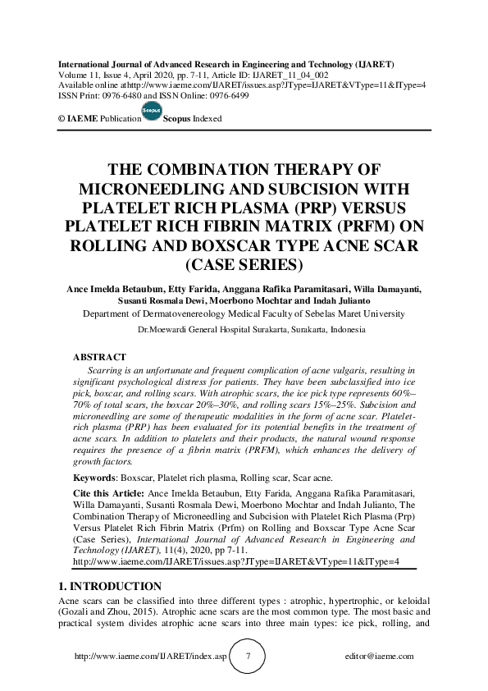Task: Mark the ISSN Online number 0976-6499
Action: point(228,96)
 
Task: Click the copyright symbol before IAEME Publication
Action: point(62,119)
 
